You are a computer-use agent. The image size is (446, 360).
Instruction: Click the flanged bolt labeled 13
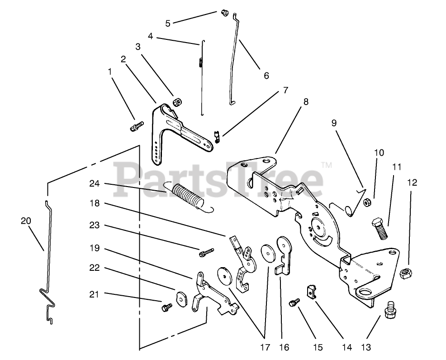390,312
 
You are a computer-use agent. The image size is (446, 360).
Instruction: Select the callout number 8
306,102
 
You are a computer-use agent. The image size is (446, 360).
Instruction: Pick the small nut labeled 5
223,14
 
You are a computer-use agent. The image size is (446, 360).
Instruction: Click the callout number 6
266,76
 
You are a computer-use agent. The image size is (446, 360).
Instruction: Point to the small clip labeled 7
217,135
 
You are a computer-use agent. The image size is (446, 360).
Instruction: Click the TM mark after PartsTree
326,165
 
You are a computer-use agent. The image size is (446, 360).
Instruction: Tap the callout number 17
265,347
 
